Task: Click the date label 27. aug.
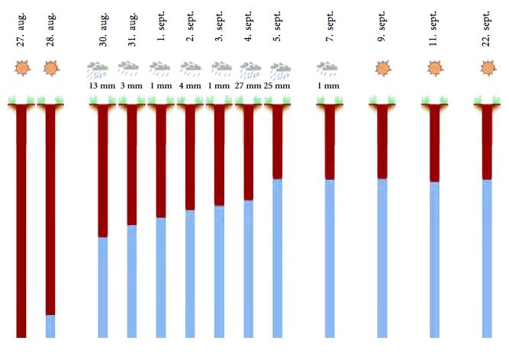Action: pos(21,30)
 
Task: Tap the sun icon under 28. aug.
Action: pos(50,69)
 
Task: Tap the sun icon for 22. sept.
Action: pos(487,69)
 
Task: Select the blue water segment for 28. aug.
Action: pos(50,326)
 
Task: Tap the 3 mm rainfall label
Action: pos(131,86)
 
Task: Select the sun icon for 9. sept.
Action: pos(382,69)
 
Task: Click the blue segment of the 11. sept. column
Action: pos(434,259)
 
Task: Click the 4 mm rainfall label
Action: pos(190,86)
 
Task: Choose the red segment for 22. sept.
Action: pos(487,145)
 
